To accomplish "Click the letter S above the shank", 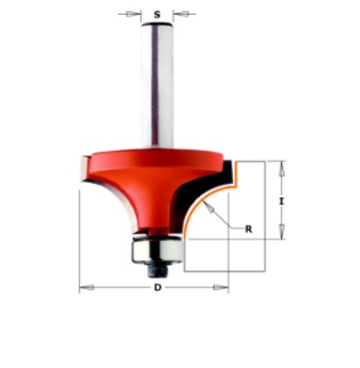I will [156, 14].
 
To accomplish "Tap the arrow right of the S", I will [180, 14].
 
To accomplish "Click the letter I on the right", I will [281, 201].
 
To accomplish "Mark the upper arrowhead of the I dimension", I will [281, 166].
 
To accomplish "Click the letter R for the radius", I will [249, 230].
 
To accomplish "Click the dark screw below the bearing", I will [156, 264].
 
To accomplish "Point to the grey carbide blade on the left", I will [78, 166].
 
